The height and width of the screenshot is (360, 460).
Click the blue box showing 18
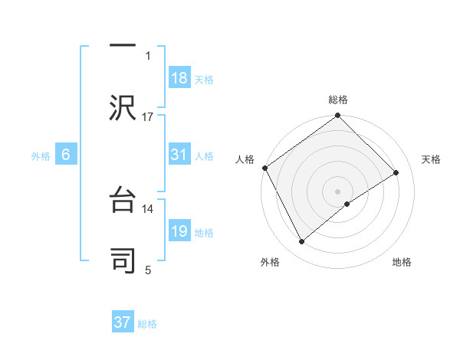click(x=179, y=78)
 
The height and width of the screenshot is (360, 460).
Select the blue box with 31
click(x=179, y=155)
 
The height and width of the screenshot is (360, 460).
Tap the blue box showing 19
click(x=179, y=231)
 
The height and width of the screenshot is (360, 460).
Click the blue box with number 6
click(x=66, y=155)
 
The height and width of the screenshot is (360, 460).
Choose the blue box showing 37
click(x=123, y=322)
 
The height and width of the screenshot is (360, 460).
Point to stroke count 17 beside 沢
click(x=148, y=117)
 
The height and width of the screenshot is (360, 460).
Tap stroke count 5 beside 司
click(x=148, y=270)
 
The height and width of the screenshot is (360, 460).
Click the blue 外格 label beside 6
click(x=40, y=155)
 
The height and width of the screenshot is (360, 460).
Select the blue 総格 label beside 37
click(x=147, y=324)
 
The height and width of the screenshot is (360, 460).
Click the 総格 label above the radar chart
click(x=338, y=100)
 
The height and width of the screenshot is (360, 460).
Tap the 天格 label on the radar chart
click(x=431, y=159)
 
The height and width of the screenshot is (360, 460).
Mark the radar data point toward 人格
click(x=264, y=168)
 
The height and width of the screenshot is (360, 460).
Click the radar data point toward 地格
click(x=347, y=204)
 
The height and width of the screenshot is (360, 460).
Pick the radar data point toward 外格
click(x=302, y=242)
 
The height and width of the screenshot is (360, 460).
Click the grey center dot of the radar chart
click(x=338, y=191)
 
